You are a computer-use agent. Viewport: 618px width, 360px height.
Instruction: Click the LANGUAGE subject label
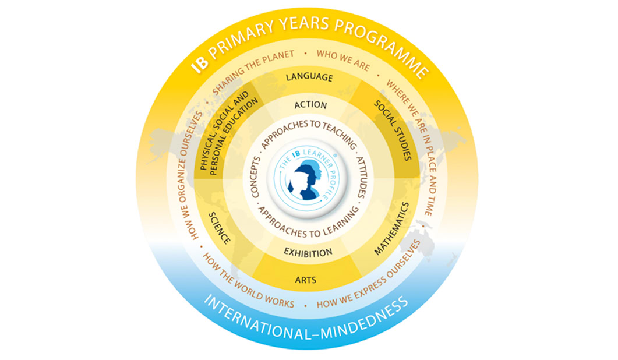point(309,77)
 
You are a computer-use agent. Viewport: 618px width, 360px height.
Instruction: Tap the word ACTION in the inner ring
point(310,105)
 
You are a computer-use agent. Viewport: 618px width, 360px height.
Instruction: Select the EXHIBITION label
point(308,253)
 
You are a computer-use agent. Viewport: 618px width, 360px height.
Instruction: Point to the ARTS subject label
point(305,280)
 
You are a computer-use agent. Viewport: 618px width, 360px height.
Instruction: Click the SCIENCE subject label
point(219,228)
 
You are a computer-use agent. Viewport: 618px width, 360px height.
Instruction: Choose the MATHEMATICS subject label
point(392,229)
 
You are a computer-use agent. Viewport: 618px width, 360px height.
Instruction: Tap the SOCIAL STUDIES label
point(393,130)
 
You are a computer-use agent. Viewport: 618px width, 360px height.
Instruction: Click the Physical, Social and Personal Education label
point(228,133)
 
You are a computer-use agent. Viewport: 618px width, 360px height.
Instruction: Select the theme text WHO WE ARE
point(343,60)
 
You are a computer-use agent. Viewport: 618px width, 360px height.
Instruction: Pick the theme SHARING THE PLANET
point(253,72)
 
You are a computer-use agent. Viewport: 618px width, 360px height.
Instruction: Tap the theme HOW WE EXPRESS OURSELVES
point(369,276)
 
